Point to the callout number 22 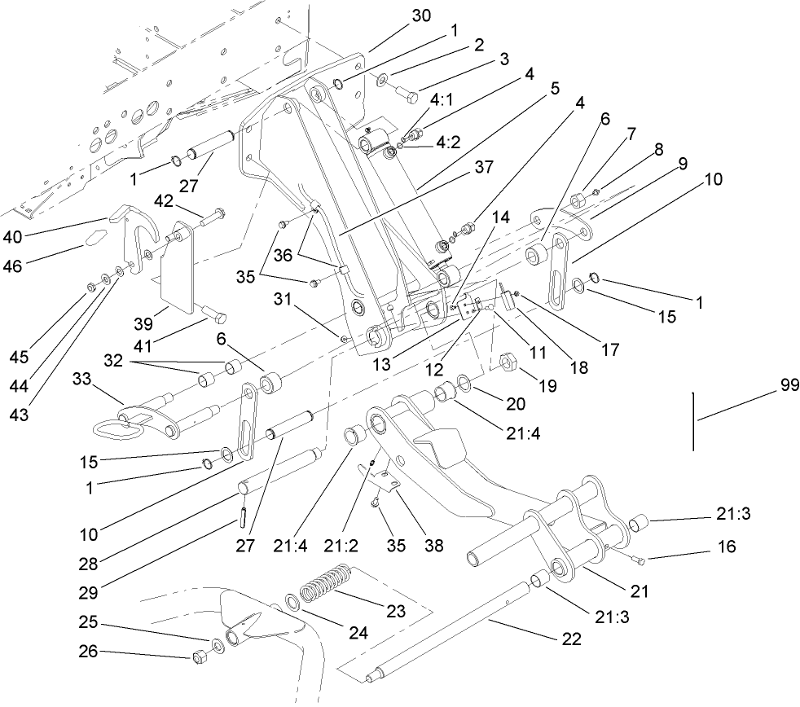(x=572, y=639)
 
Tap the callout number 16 (x=727, y=548)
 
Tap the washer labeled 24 (x=291, y=605)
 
